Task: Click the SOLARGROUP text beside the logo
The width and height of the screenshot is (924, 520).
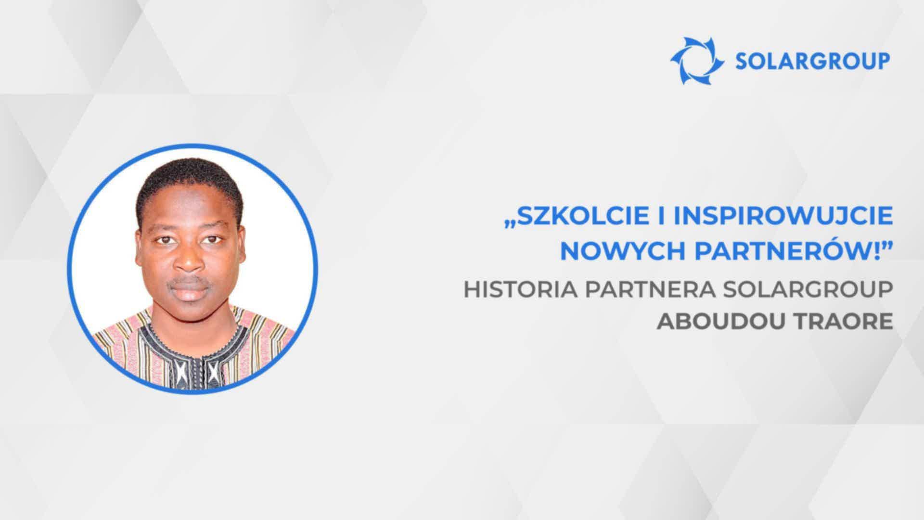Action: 813,61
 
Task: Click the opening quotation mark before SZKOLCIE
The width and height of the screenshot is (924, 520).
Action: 510,224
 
